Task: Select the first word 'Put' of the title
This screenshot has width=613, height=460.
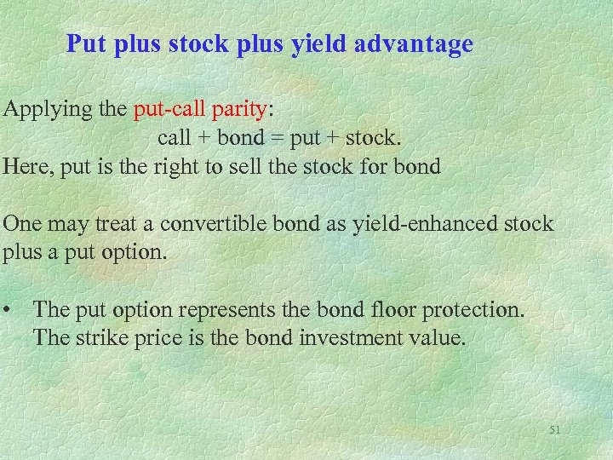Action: [83, 44]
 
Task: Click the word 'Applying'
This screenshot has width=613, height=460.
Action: [40, 111]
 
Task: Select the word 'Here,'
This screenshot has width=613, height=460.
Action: [26, 165]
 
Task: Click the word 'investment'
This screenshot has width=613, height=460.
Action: [354, 337]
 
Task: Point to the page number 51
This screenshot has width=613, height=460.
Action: [555, 431]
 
